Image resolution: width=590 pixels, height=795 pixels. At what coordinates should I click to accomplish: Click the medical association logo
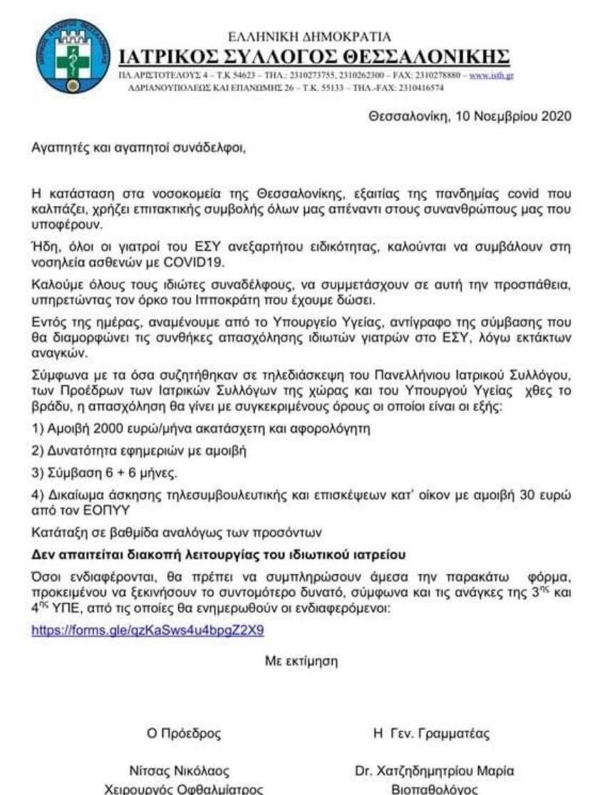(x=69, y=56)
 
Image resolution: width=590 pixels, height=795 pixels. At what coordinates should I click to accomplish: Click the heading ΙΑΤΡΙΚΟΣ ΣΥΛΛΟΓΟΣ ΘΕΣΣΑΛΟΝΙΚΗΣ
(x=314, y=56)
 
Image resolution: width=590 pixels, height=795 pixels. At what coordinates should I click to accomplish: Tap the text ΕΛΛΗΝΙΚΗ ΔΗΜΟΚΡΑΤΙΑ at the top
(x=309, y=37)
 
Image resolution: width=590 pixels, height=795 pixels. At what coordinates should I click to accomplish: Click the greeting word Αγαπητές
(x=56, y=149)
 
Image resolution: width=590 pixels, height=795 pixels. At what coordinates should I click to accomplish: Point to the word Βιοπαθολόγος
(x=434, y=789)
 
